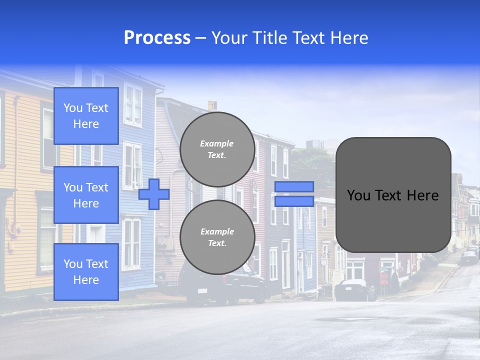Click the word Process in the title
[157, 38]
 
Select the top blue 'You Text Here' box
[86, 116]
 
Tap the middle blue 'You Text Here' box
[86, 195]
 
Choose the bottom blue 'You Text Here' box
[86, 271]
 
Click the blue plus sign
[154, 194]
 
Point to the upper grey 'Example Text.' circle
[217, 149]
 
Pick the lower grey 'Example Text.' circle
[217, 237]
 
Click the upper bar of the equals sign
[294, 186]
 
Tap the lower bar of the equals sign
[294, 201]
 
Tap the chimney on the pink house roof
[212, 105]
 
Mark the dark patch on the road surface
[345, 318]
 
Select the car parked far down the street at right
[468, 257]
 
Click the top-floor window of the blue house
[133, 105]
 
